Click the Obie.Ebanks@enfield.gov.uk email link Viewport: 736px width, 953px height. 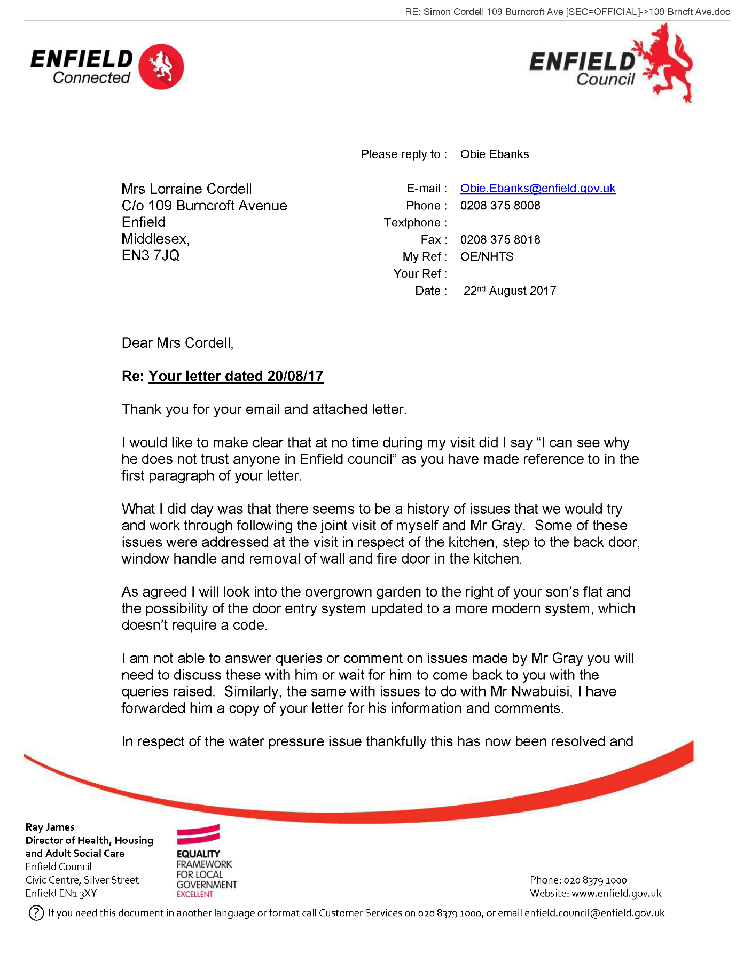[537, 189]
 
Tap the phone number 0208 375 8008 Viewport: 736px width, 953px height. [500, 206]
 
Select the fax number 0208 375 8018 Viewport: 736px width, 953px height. [500, 240]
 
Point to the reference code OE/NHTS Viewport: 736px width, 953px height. [487, 257]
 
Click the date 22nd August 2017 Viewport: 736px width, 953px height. [510, 291]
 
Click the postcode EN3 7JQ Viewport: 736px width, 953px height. [151, 255]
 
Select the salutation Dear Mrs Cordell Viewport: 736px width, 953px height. [177, 343]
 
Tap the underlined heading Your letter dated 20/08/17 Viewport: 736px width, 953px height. [236, 377]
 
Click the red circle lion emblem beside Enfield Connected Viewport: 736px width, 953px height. [161, 67]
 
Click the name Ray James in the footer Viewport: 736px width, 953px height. [50, 827]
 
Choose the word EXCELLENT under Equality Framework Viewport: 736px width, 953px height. [195, 894]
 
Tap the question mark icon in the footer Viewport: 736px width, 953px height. [36, 913]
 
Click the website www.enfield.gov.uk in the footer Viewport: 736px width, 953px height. [616, 893]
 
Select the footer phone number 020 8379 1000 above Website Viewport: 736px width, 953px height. [595, 880]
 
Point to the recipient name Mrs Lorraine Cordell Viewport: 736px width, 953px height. [186, 189]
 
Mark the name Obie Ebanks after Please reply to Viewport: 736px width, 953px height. [495, 154]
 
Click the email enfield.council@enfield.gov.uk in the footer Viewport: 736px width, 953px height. [594, 913]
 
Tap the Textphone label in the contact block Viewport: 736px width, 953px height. [412, 223]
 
